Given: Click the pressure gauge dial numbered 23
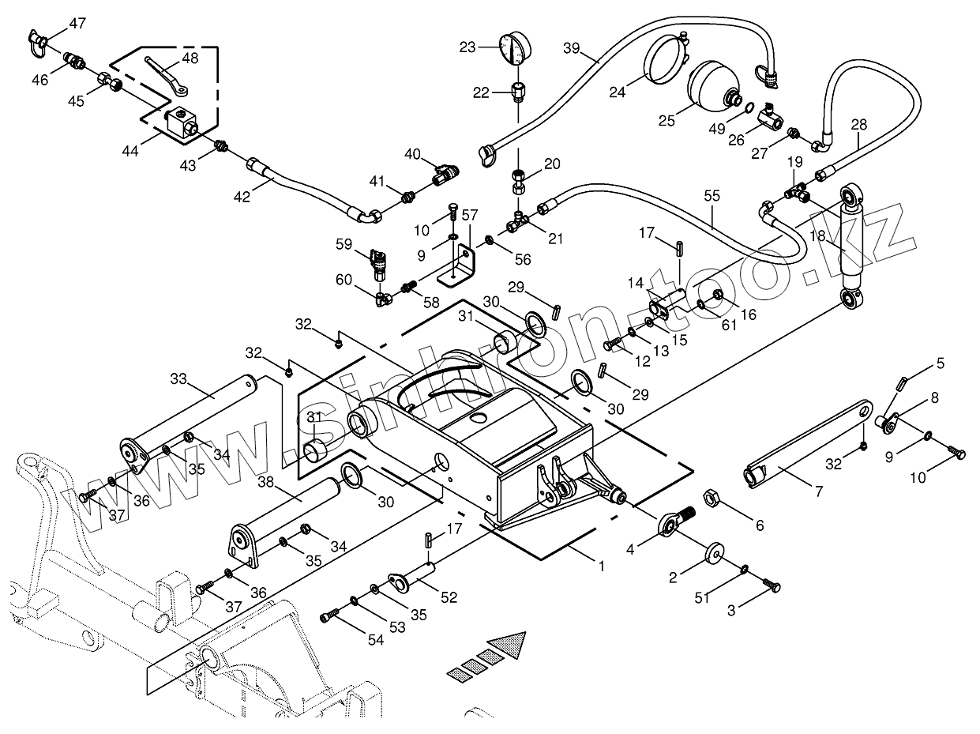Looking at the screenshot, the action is (514, 48).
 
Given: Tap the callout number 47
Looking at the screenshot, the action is (77, 23).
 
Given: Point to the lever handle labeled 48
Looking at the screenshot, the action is (167, 76).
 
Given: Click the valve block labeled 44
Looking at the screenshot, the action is (181, 122).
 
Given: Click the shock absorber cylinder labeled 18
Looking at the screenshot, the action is (851, 248).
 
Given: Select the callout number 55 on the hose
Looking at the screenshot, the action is (712, 196).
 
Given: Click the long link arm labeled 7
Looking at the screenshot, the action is (808, 444).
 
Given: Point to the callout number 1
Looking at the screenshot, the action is (602, 566).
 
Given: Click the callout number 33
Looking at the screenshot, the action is (178, 378).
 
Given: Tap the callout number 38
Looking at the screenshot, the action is (267, 482).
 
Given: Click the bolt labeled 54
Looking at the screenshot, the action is (331, 619).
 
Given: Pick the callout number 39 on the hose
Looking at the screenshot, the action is (571, 48).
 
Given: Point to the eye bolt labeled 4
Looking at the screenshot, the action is (674, 521).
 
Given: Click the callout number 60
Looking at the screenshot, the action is (344, 280).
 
